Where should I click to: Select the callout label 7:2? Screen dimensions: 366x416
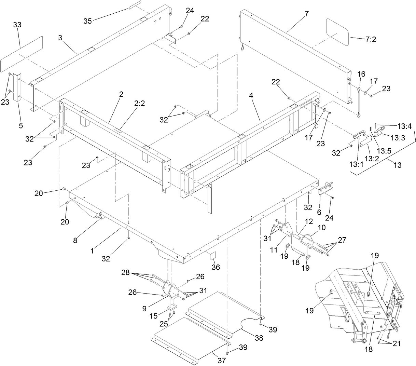(371, 39)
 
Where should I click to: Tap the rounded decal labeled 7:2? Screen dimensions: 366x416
(337, 31)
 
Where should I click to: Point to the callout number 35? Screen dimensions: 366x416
(88, 21)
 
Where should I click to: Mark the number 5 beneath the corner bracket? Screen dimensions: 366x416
(21, 125)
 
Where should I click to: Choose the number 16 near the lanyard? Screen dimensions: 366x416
(361, 74)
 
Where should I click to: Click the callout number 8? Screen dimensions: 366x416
(75, 240)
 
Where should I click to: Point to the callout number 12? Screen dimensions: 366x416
(309, 221)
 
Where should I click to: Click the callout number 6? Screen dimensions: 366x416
(319, 212)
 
